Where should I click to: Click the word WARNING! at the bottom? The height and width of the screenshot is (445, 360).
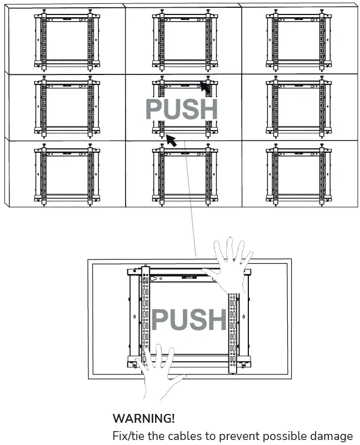[x=143, y=418]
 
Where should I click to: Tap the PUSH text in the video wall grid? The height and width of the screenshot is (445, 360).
[x=181, y=109]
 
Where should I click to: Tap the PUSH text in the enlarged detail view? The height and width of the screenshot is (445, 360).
[x=189, y=319]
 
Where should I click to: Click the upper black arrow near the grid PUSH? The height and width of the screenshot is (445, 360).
[x=206, y=88]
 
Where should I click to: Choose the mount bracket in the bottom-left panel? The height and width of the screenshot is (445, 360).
[x=67, y=173]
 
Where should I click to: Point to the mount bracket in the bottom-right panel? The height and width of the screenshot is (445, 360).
[x=298, y=173]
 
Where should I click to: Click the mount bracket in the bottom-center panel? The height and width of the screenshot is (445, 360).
[x=183, y=173]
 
